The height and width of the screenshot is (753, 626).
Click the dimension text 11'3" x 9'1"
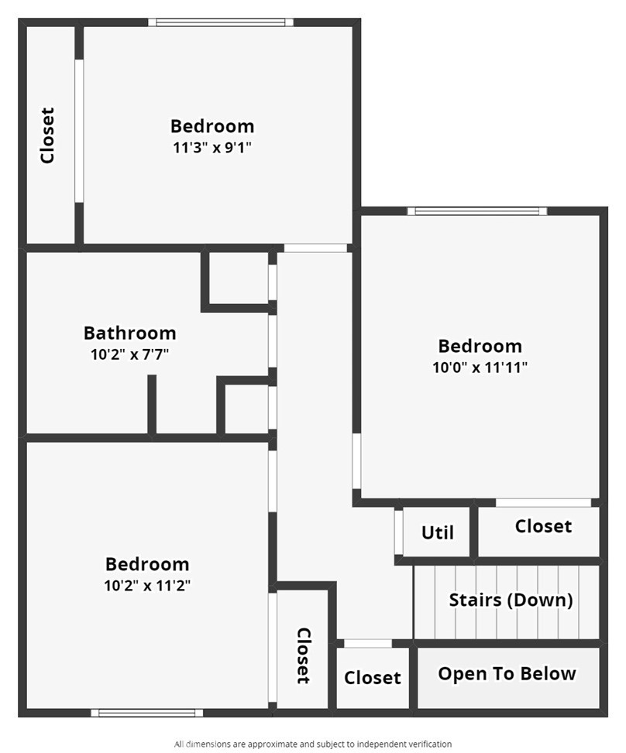[212, 147]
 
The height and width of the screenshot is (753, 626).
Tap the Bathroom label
[129, 333]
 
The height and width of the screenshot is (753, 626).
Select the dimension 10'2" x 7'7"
[129, 355]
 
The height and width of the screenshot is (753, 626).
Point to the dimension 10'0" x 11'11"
[480, 368]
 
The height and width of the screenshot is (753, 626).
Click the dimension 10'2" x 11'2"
[147, 586]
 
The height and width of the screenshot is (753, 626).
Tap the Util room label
[437, 532]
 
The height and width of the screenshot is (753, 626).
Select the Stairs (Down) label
[511, 600]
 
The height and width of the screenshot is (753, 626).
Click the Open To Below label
[507, 673]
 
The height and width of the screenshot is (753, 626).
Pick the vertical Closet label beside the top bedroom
[48, 135]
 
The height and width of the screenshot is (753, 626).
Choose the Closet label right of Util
[543, 526]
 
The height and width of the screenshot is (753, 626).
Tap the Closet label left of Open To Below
[373, 678]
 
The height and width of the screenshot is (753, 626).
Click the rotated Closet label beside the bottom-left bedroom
[304, 655]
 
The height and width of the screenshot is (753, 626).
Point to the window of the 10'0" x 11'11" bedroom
[477, 211]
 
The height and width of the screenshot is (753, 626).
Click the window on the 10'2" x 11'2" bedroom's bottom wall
[146, 713]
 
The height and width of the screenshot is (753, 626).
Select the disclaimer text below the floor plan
[313, 744]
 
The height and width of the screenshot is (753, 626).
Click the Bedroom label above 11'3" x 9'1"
[212, 125]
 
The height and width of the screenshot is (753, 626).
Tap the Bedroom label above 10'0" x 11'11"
[480, 346]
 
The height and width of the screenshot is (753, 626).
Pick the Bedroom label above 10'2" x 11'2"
[147, 564]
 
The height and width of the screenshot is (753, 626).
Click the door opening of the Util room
[398, 532]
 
